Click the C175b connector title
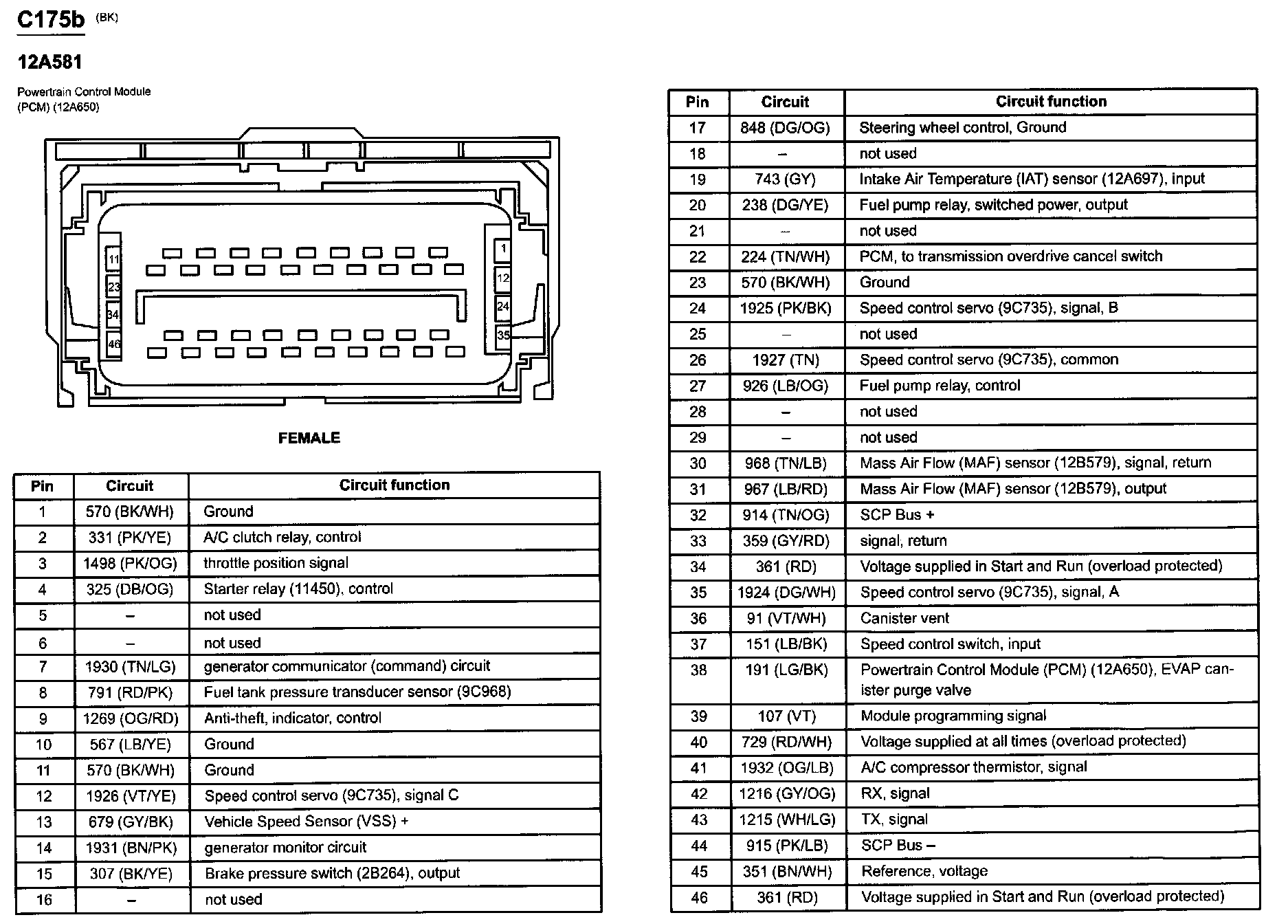(x=50, y=19)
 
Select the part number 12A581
(x=49, y=63)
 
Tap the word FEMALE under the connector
(x=309, y=438)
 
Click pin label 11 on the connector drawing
(x=113, y=260)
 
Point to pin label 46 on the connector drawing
(x=113, y=343)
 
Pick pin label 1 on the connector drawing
(x=504, y=249)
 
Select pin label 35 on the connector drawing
(x=504, y=335)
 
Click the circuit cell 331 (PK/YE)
(x=129, y=538)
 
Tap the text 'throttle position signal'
(x=276, y=563)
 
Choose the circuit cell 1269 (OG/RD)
(x=131, y=718)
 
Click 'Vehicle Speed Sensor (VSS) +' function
(x=306, y=822)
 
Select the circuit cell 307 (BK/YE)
(x=130, y=874)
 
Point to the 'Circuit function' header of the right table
(x=1051, y=102)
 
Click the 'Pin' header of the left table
(x=42, y=486)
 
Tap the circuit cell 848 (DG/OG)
(x=785, y=128)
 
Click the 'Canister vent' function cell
(x=904, y=618)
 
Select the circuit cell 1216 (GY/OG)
(x=786, y=794)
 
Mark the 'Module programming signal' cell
(x=953, y=716)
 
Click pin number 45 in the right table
(x=699, y=872)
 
